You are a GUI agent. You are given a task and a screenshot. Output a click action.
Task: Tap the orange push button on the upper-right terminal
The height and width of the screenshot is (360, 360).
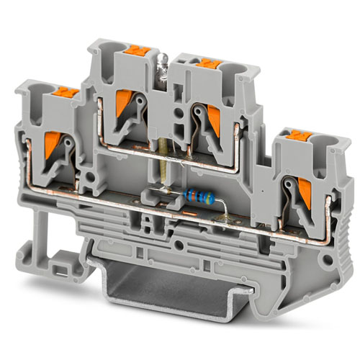click(206, 63)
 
